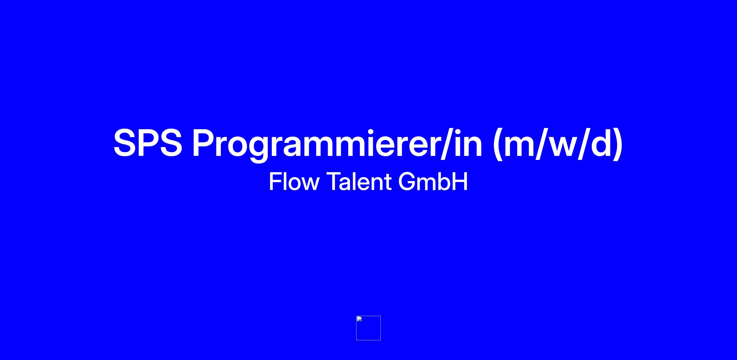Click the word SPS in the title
(x=148, y=143)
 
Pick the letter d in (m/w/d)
(x=599, y=143)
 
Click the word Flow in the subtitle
(x=294, y=181)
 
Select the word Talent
(x=359, y=181)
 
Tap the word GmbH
(x=433, y=181)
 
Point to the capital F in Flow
(x=275, y=181)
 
